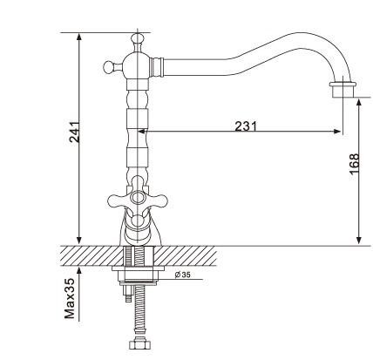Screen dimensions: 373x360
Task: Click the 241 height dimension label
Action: click(74, 132)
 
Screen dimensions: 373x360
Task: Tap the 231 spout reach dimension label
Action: click(246, 126)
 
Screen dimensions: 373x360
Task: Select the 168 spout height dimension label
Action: click(354, 164)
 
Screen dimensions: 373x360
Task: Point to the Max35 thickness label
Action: click(70, 298)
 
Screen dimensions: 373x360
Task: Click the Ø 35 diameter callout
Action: click(183, 275)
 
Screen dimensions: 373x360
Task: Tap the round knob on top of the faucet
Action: click(138, 38)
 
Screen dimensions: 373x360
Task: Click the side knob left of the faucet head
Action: click(109, 67)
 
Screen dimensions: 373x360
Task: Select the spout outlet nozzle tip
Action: click(342, 90)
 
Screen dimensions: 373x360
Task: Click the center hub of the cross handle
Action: click(137, 199)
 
